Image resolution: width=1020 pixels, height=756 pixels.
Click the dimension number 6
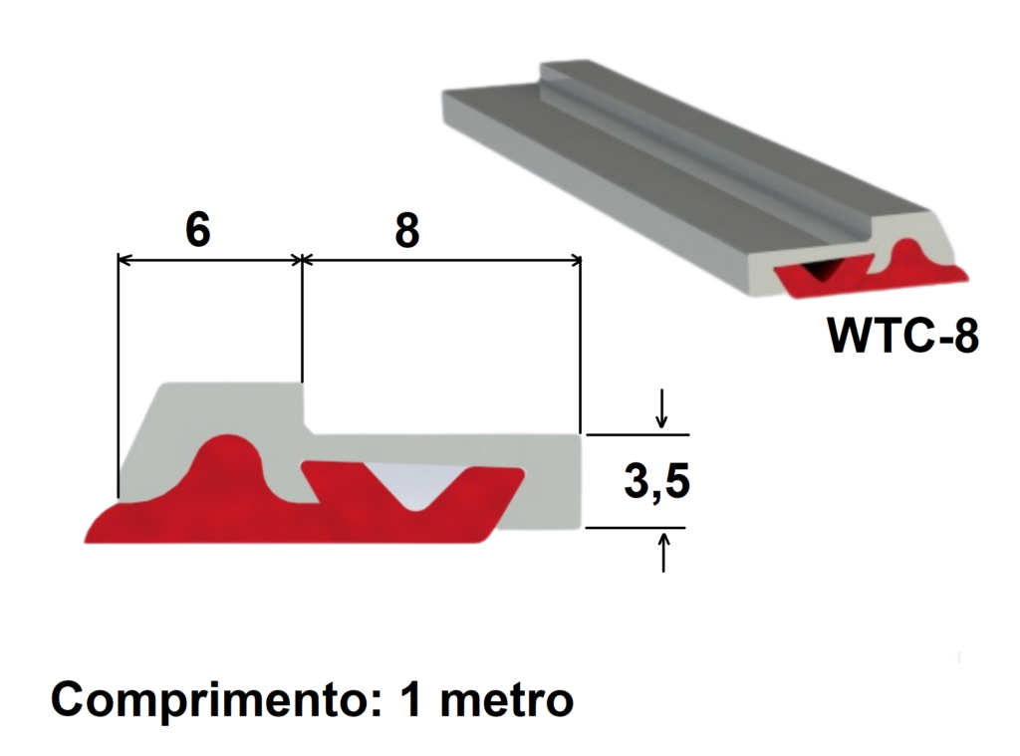pos(198,230)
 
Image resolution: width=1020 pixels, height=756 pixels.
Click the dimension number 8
pos(406,230)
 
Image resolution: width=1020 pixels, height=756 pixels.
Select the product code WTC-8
pos(902,336)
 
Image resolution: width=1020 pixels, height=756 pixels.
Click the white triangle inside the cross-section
pos(413,482)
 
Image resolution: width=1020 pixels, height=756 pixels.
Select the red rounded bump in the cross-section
pos(227,460)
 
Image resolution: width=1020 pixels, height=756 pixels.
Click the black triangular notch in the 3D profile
pos(824,267)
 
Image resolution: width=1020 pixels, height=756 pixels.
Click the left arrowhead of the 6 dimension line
pos(125,260)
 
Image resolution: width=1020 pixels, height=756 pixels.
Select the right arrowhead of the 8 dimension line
pos(575,260)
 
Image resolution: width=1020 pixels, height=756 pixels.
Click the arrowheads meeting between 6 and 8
pos(301,260)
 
